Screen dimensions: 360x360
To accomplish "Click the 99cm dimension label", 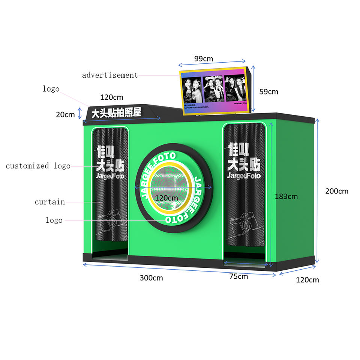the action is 203,59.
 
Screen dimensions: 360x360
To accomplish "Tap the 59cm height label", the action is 269,91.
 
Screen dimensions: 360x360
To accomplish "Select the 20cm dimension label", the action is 65,115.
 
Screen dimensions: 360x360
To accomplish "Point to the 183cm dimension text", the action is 286,196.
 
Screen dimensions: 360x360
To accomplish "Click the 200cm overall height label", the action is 336,191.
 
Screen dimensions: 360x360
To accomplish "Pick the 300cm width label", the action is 151,278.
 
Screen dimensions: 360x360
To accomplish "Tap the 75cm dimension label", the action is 238,276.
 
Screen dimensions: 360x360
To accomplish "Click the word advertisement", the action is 110,75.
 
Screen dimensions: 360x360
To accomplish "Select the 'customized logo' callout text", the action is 38,166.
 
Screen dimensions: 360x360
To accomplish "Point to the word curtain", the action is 50,202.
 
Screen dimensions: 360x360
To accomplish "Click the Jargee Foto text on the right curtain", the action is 243,175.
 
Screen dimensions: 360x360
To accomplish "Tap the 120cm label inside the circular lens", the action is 166,198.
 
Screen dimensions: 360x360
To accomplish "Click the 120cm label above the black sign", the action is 111,97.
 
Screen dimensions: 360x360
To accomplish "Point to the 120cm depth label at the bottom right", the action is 307,280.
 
